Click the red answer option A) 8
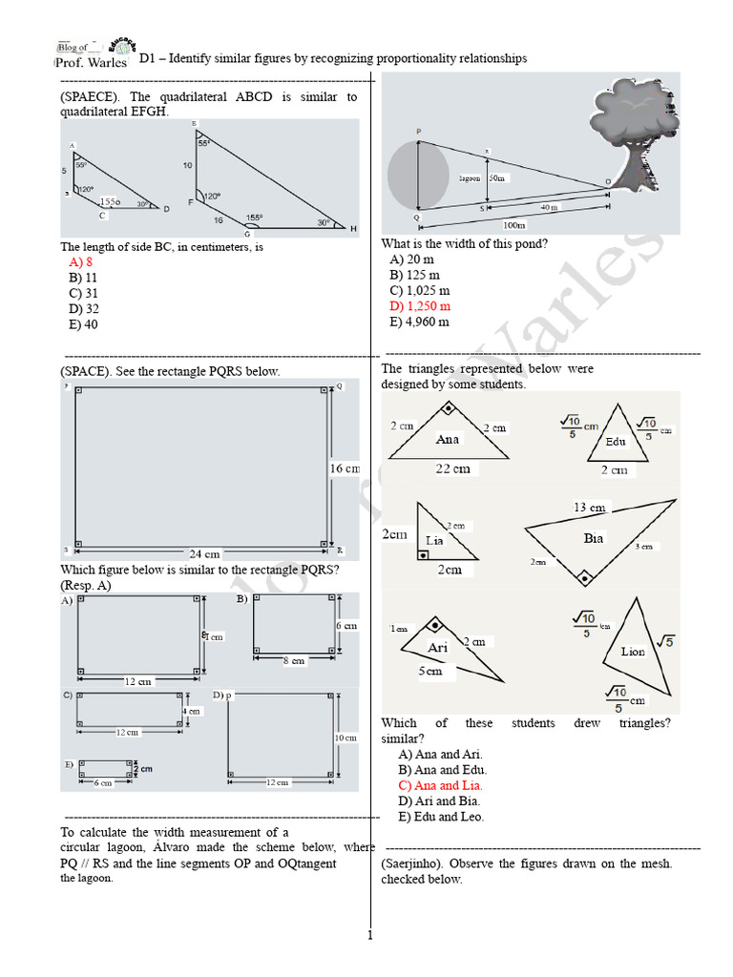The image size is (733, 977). (x=80, y=262)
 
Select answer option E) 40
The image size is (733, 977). (x=82, y=324)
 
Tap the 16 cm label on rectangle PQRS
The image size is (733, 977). (x=346, y=468)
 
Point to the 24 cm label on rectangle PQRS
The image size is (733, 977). (x=204, y=553)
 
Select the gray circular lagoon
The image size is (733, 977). (x=419, y=176)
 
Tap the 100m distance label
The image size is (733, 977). (x=514, y=225)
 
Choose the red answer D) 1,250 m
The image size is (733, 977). (x=420, y=306)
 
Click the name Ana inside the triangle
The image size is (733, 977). (x=448, y=440)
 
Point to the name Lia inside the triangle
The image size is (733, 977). (x=434, y=540)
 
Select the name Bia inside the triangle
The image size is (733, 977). (x=594, y=538)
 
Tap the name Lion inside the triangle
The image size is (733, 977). (x=633, y=652)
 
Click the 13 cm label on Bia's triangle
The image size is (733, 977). (x=589, y=507)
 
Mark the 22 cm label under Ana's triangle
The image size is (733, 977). (x=453, y=468)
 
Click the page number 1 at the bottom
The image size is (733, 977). (x=369, y=935)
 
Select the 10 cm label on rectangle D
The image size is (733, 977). (x=345, y=738)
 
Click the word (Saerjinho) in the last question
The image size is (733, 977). (x=411, y=863)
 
